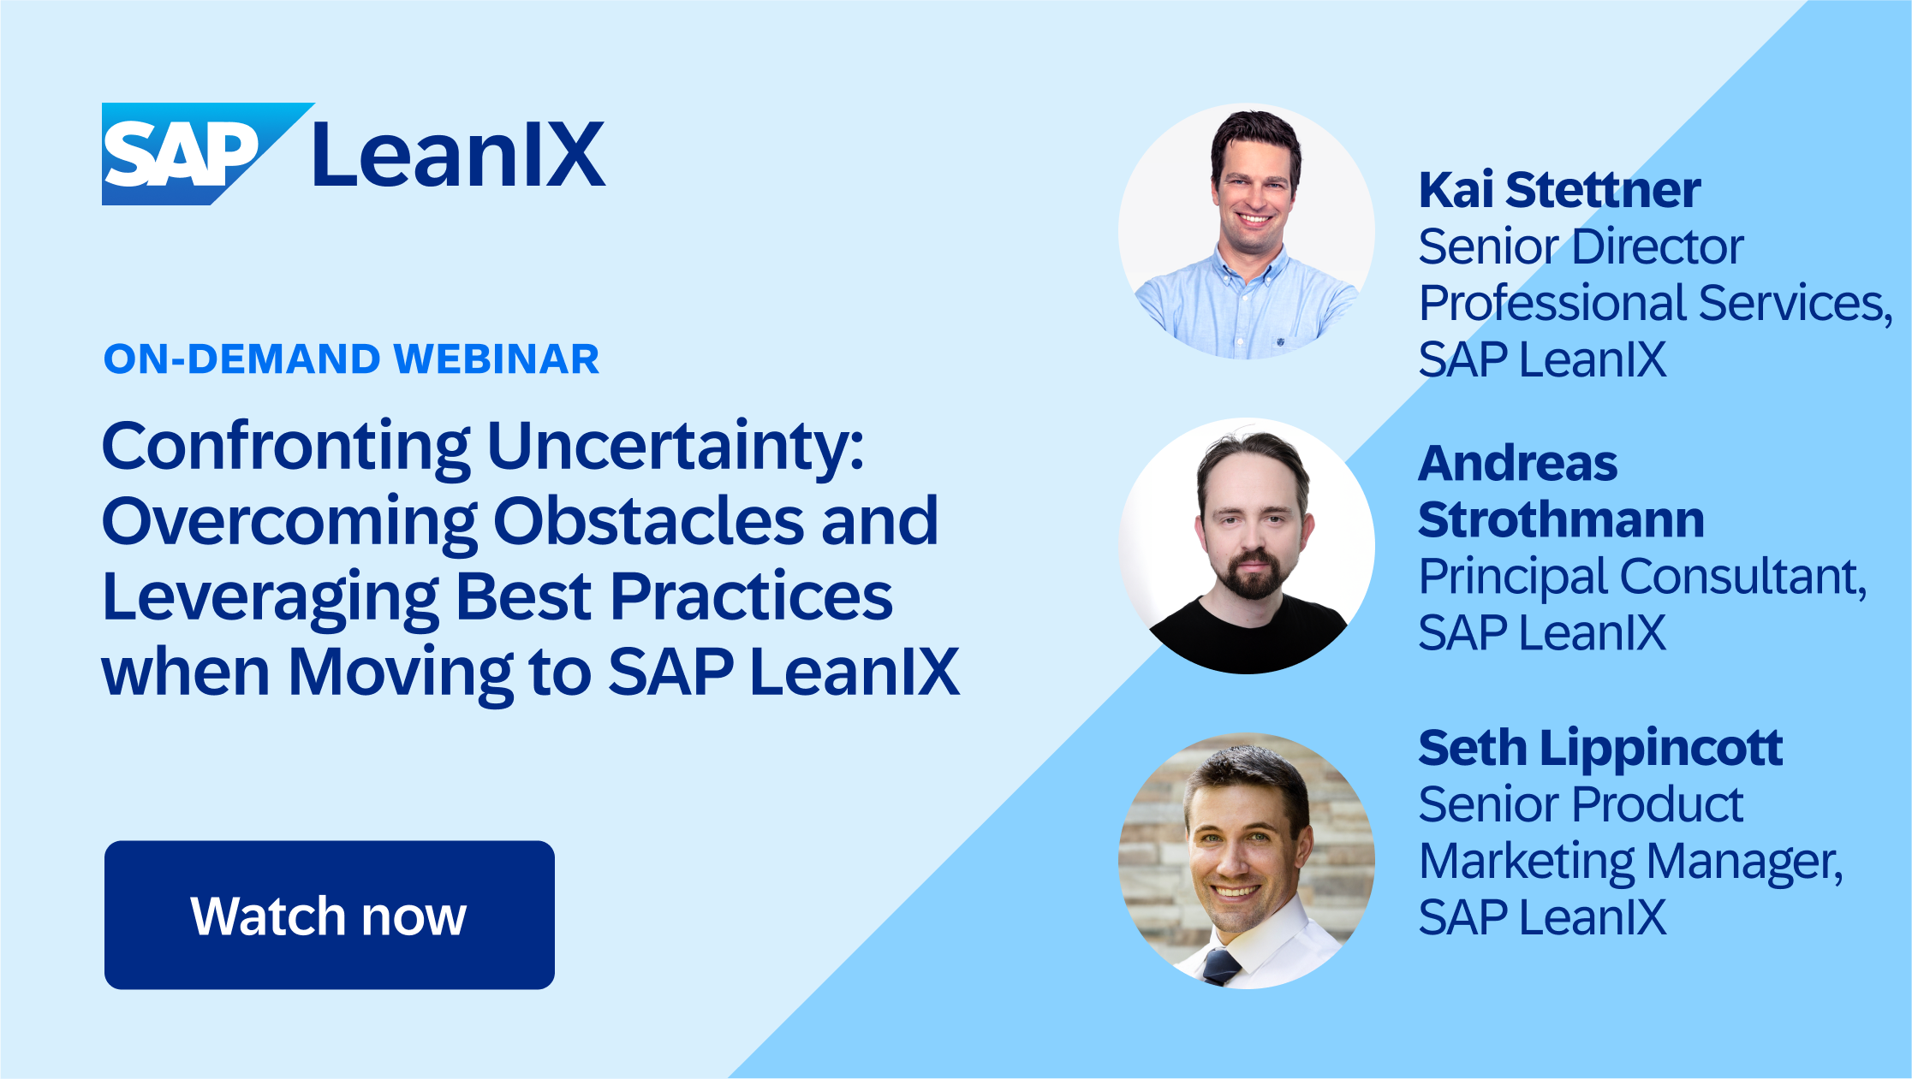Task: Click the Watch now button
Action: click(329, 915)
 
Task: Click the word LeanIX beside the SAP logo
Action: click(459, 155)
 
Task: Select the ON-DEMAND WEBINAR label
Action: click(351, 359)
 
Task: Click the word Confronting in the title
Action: click(286, 447)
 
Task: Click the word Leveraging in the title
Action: click(270, 597)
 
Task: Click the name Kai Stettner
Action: click(1559, 190)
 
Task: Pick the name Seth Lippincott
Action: click(1599, 748)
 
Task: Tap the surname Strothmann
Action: click(1561, 519)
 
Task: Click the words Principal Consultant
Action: click(1641, 577)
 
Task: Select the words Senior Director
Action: click(1581, 246)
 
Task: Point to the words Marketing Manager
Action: click(1629, 861)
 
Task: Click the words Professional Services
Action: click(1653, 303)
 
